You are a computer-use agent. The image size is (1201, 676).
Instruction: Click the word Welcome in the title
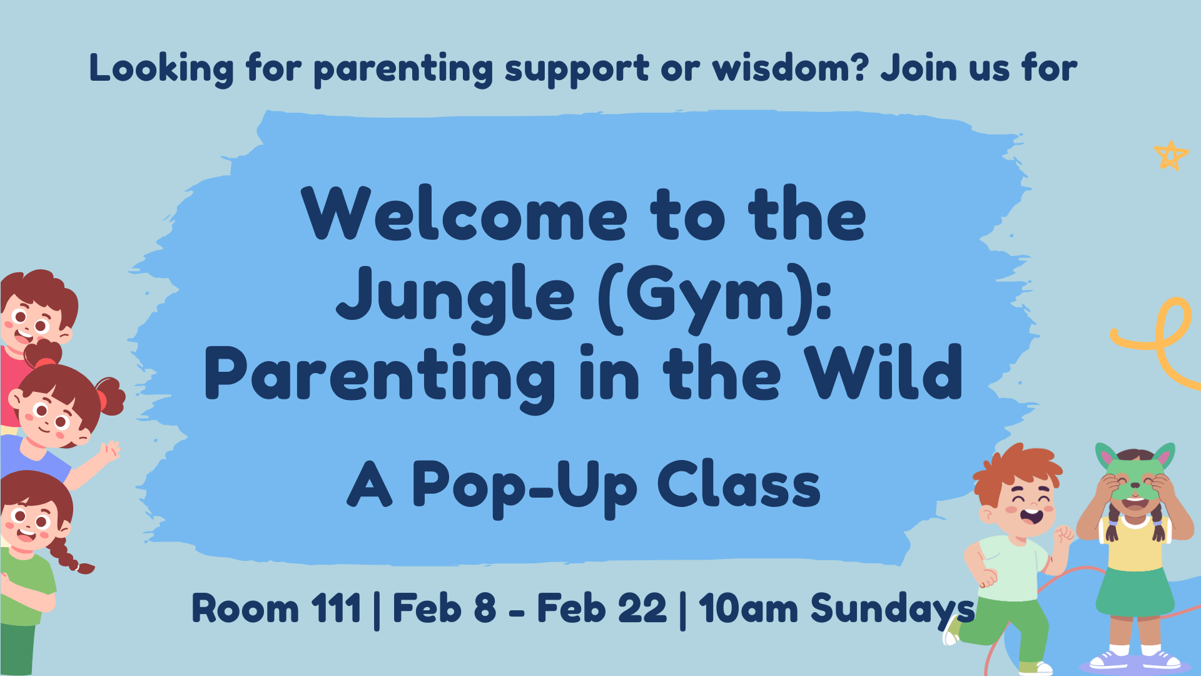coord(464,213)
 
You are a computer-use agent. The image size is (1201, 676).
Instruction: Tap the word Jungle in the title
coord(455,298)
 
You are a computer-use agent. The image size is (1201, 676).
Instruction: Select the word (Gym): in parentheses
coord(715,298)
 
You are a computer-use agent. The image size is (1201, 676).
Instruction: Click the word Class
coord(739,484)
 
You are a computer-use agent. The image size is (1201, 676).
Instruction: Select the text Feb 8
coord(444,608)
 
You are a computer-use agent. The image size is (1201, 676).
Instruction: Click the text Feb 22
coord(602,608)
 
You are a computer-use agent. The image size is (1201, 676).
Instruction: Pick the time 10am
coord(748,608)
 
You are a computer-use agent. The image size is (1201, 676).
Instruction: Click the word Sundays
coord(893,610)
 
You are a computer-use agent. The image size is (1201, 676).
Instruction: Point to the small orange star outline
coord(1171,155)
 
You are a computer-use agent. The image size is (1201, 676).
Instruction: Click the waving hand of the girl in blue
coord(110,450)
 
